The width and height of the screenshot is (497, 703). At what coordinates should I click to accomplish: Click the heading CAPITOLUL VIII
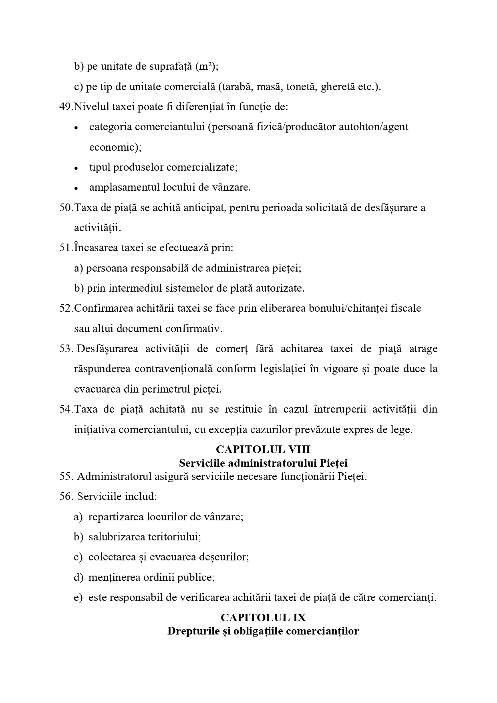(263, 449)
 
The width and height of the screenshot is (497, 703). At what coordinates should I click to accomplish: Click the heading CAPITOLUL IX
(263, 617)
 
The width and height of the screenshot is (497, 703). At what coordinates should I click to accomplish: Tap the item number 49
(65, 107)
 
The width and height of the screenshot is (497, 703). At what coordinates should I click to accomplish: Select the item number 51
(65, 248)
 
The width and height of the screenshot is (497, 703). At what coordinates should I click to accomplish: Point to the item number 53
(65, 349)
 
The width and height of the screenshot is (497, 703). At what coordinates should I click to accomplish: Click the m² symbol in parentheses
(207, 66)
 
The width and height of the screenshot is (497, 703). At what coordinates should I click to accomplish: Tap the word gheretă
(338, 87)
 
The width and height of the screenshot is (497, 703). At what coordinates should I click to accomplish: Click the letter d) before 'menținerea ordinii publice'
(78, 578)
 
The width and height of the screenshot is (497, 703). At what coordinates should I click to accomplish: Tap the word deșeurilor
(227, 557)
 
